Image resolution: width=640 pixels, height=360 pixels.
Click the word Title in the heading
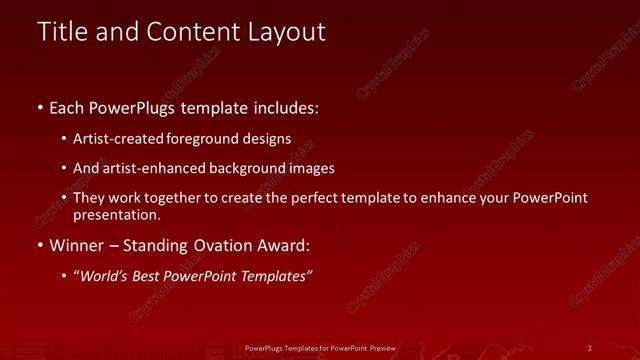(62, 32)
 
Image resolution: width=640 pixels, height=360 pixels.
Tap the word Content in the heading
(185, 32)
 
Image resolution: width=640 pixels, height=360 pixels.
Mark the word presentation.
(116, 215)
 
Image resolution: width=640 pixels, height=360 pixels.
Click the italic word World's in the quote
(102, 277)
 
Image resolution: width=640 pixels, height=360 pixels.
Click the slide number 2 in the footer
(590, 348)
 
